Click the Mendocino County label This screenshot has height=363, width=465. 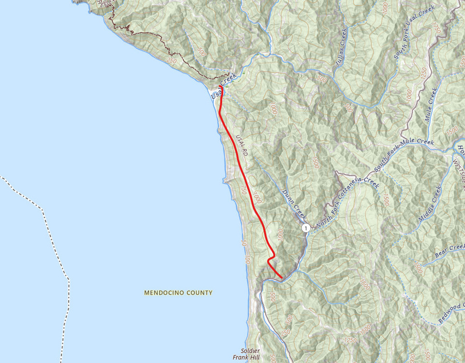(178, 293)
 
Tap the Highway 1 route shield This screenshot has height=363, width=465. (306, 228)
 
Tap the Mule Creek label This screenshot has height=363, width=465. (430, 104)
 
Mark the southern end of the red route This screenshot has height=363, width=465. (282, 277)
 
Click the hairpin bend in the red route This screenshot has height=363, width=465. (270, 261)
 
